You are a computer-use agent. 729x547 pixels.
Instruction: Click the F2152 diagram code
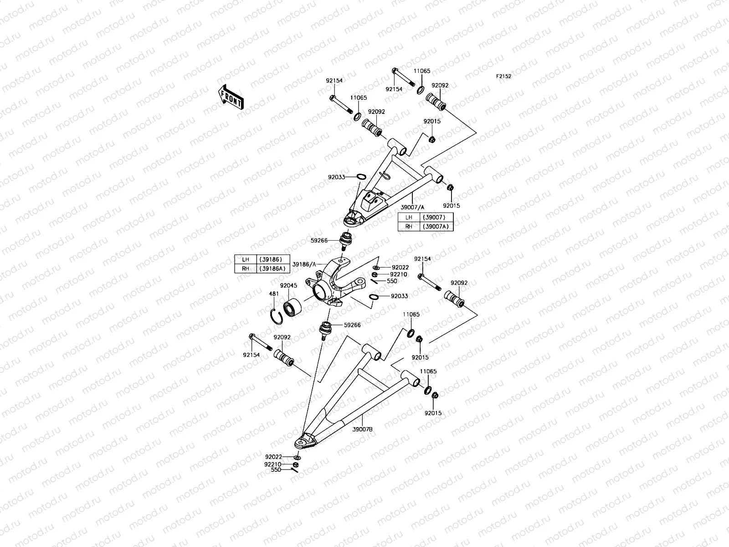click(503, 77)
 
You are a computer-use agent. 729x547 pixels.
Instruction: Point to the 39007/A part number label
click(412, 207)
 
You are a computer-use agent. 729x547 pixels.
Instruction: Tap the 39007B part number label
click(362, 429)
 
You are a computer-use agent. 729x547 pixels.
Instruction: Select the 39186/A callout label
click(303, 264)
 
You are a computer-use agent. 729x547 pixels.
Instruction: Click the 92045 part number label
click(288, 286)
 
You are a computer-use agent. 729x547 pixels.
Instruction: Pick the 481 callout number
click(273, 294)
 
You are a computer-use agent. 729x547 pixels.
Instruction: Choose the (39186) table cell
click(272, 259)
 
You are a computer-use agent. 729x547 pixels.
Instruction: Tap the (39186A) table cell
click(272, 268)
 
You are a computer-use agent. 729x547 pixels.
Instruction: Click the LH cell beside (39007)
click(408, 217)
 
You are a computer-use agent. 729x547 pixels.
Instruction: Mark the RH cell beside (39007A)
click(408, 226)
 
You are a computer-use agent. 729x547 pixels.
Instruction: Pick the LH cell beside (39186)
click(246, 259)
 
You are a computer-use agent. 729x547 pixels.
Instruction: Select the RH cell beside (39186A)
click(246, 268)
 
